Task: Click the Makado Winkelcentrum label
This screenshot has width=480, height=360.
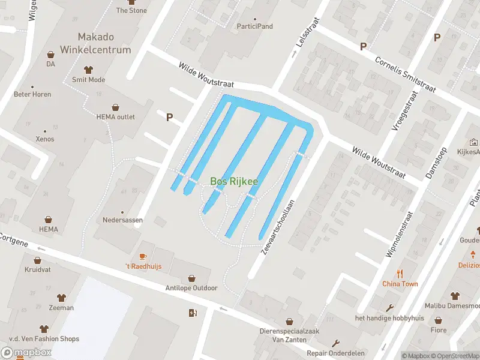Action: [95, 44]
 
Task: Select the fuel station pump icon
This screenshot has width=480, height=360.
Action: [192, 312]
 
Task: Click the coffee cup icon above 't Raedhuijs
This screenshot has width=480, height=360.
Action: [143, 256]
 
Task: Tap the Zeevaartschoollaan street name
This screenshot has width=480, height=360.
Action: [278, 227]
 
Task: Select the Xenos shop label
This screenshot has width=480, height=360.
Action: [44, 139]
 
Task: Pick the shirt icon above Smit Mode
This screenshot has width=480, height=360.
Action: [88, 70]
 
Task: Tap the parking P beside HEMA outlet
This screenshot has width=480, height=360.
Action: [170, 118]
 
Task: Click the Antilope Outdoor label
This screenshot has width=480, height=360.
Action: [191, 288]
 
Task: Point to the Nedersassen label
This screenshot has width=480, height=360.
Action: [122, 220]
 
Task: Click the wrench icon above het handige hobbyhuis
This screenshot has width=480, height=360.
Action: [389, 308]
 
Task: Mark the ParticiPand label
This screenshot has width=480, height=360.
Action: [254, 26]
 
